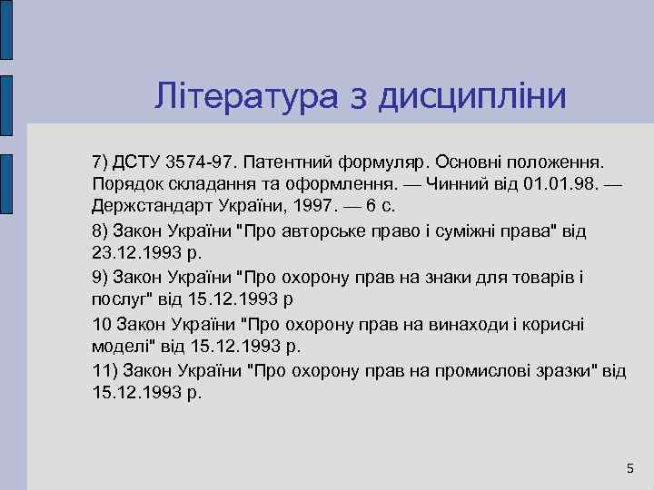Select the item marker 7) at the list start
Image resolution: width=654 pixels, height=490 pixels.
click(101, 162)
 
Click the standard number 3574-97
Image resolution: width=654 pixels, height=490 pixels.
click(200, 162)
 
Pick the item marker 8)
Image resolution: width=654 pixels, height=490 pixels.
click(101, 229)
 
